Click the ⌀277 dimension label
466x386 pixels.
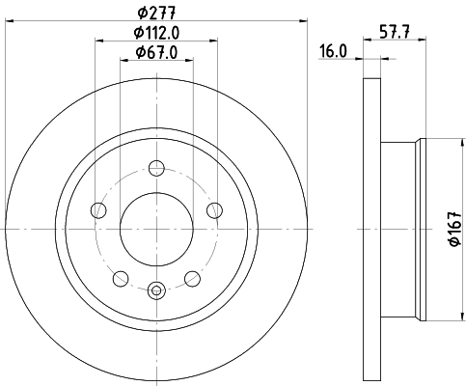pyautogui.click(x=156, y=14)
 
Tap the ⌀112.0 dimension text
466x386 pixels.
pyautogui.click(x=156, y=33)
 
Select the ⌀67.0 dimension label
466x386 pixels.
pyautogui.click(x=156, y=52)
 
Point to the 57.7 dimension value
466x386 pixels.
pyautogui.click(x=395, y=32)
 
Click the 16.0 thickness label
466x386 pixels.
pyautogui.click(x=333, y=51)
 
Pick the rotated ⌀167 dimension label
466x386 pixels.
pyautogui.click(x=455, y=229)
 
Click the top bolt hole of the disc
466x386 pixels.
pyautogui.click(x=156, y=168)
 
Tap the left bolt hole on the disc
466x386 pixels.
pyautogui.click(x=98, y=210)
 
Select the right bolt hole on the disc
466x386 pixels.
pyautogui.click(x=214, y=210)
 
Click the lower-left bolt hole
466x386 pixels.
pyautogui.click(x=121, y=279)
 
